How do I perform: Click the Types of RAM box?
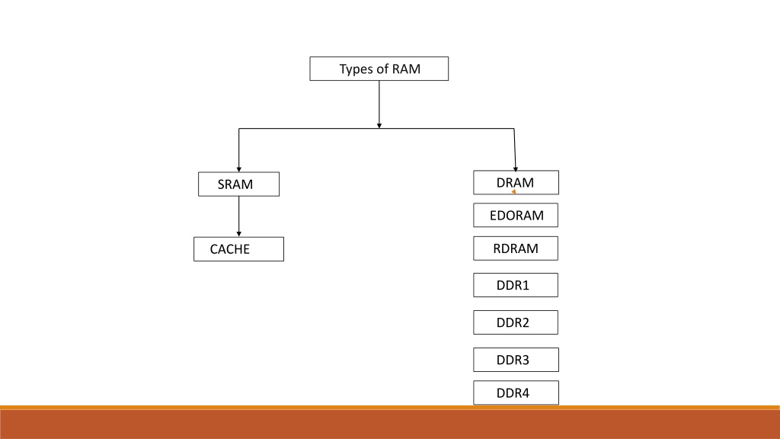pos(379,69)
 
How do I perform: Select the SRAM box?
pos(238,184)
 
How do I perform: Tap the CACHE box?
pos(238,249)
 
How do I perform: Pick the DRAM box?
pos(516,183)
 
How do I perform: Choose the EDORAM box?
pos(516,215)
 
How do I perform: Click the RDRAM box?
pos(516,248)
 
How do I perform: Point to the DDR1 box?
pos(516,285)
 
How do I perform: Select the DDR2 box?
pos(516,322)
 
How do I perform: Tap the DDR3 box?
pos(516,360)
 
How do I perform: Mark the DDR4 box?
pos(516,393)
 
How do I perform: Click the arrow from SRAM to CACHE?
pos(238,216)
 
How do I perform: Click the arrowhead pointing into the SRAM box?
pos(238,170)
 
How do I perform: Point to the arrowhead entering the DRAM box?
pos(516,169)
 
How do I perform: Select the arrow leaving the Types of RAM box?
pos(379,104)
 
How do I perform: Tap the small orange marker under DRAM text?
pos(514,191)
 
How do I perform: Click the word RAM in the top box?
pos(406,69)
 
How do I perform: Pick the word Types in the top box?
pos(355,69)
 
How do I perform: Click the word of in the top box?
pos(382,69)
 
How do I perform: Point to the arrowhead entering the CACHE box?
pos(238,234)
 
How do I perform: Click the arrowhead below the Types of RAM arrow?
pos(379,126)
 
